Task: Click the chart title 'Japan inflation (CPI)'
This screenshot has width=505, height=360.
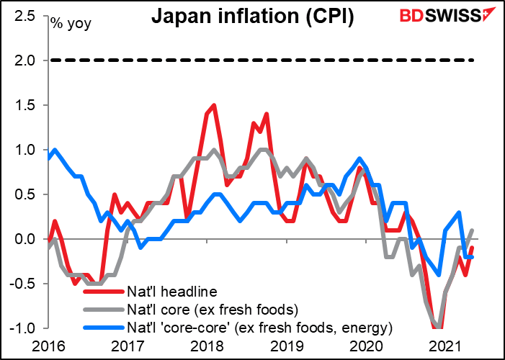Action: (251, 17)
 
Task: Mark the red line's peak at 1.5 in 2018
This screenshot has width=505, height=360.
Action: (213, 105)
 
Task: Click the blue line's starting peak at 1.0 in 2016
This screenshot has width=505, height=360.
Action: (55, 150)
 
